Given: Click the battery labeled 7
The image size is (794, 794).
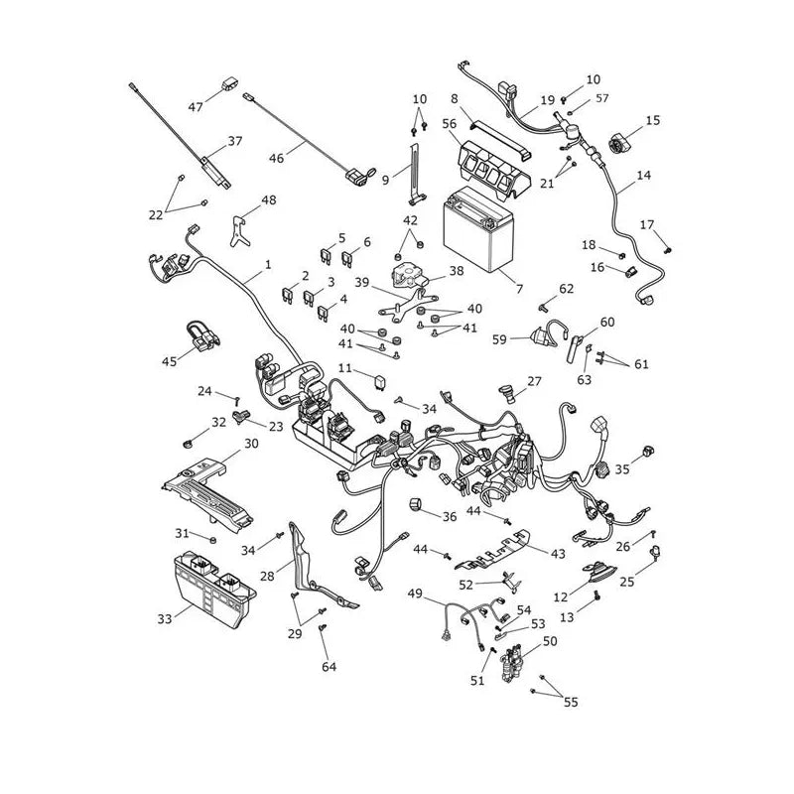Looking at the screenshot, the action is click(478, 229).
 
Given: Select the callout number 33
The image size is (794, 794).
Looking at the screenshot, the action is click(165, 618).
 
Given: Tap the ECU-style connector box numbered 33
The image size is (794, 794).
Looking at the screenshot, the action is click(214, 589).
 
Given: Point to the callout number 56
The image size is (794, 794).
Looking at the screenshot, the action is click(450, 123).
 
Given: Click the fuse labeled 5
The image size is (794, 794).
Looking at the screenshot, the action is click(328, 255).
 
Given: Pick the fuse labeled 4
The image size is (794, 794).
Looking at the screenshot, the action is click(324, 314).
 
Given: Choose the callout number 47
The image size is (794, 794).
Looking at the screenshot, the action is click(196, 107).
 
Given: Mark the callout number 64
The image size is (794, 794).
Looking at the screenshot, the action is click(330, 667).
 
